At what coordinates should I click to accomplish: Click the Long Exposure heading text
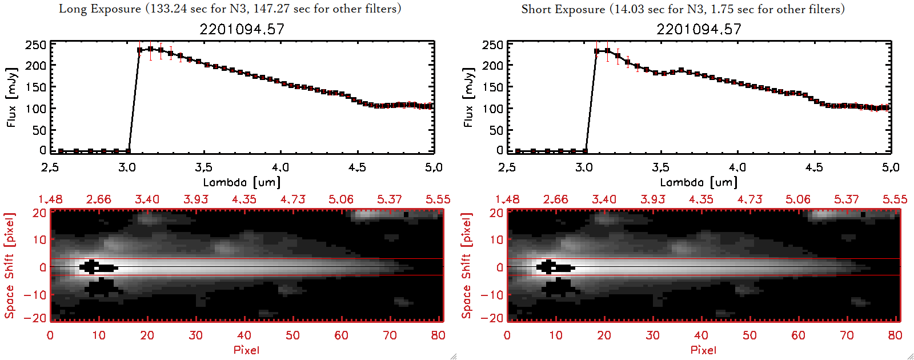(230, 9)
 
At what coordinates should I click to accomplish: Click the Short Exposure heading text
(683, 9)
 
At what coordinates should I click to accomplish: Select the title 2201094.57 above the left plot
(242, 29)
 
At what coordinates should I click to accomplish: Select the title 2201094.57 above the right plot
(699, 29)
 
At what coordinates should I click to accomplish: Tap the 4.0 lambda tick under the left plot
(280, 167)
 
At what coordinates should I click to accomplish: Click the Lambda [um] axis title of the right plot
(699, 182)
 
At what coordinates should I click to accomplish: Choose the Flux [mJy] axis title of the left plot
(12, 97)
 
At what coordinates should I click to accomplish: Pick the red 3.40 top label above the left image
(147, 199)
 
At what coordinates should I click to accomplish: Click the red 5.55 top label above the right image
(895, 199)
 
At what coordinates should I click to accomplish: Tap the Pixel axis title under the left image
(246, 350)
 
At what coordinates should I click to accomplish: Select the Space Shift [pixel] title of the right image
(467, 266)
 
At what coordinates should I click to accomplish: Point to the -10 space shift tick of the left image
(35, 295)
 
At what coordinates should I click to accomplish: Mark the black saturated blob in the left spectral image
(98, 267)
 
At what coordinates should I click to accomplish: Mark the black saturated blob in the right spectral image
(555, 267)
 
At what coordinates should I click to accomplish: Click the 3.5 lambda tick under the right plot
(660, 167)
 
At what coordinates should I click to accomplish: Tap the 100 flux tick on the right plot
(492, 109)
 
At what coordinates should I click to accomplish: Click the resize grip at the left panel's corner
(454, 357)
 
